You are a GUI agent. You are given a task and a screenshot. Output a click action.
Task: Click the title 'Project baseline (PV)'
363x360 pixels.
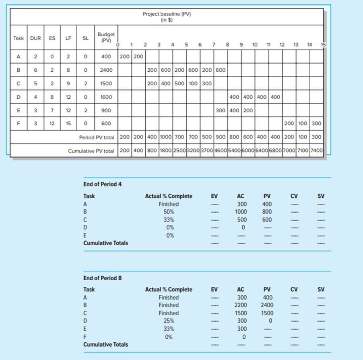167,14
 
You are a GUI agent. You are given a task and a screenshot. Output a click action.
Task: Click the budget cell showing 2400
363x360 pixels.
106,70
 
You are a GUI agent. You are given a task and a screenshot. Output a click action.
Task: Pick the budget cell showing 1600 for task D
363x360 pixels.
106,97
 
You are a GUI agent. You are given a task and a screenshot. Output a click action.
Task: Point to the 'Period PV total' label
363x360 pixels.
97,137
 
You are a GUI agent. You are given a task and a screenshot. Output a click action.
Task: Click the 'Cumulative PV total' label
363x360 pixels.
91,151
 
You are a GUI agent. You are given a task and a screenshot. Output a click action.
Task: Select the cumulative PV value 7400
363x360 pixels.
316,151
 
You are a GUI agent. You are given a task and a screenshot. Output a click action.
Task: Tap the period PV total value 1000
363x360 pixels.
166,137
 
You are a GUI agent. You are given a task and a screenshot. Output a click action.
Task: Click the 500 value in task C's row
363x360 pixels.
179,84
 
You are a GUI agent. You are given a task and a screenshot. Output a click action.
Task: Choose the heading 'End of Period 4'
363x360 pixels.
102,184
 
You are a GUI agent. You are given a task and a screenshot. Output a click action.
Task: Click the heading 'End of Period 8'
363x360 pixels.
102,278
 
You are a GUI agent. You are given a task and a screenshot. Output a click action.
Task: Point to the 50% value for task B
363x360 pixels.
169,212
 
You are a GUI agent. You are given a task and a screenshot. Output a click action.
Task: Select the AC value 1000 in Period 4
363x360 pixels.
241,212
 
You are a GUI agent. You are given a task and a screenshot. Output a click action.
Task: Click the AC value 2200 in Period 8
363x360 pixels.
241,305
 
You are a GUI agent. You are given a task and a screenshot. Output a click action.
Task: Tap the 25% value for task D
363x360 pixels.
169,321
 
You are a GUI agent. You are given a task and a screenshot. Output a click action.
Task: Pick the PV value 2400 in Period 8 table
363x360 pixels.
267,305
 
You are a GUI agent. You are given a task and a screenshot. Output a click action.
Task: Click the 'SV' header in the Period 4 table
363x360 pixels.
321,196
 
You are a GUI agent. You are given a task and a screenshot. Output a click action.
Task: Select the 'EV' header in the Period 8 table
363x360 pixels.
214,290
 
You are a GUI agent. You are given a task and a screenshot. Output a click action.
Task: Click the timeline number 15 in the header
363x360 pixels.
323,45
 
